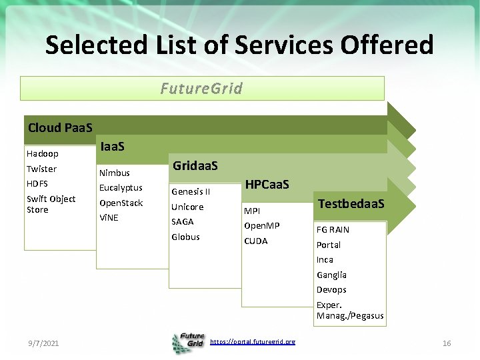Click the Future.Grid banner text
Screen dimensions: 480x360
click(201, 88)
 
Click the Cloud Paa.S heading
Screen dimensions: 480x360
click(60, 127)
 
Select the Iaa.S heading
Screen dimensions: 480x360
click(113, 146)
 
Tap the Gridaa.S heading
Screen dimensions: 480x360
click(195, 165)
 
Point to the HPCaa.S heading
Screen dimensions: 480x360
click(267, 184)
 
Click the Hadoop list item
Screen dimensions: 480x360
click(42, 153)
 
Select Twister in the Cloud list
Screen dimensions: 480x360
click(41, 169)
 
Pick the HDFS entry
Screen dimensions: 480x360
click(37, 183)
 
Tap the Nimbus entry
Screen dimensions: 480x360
click(114, 173)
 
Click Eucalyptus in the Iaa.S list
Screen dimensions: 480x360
click(121, 187)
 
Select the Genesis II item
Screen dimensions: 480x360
click(191, 191)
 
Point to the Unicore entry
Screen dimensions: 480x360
click(187, 207)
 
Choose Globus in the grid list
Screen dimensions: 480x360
click(185, 237)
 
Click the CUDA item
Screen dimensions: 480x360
click(255, 241)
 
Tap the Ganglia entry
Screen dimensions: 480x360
click(331, 275)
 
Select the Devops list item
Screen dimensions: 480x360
click(331, 289)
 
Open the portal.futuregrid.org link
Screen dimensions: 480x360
click(252, 341)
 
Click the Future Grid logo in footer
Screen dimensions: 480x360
click(188, 342)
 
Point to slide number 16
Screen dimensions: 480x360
click(447, 343)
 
